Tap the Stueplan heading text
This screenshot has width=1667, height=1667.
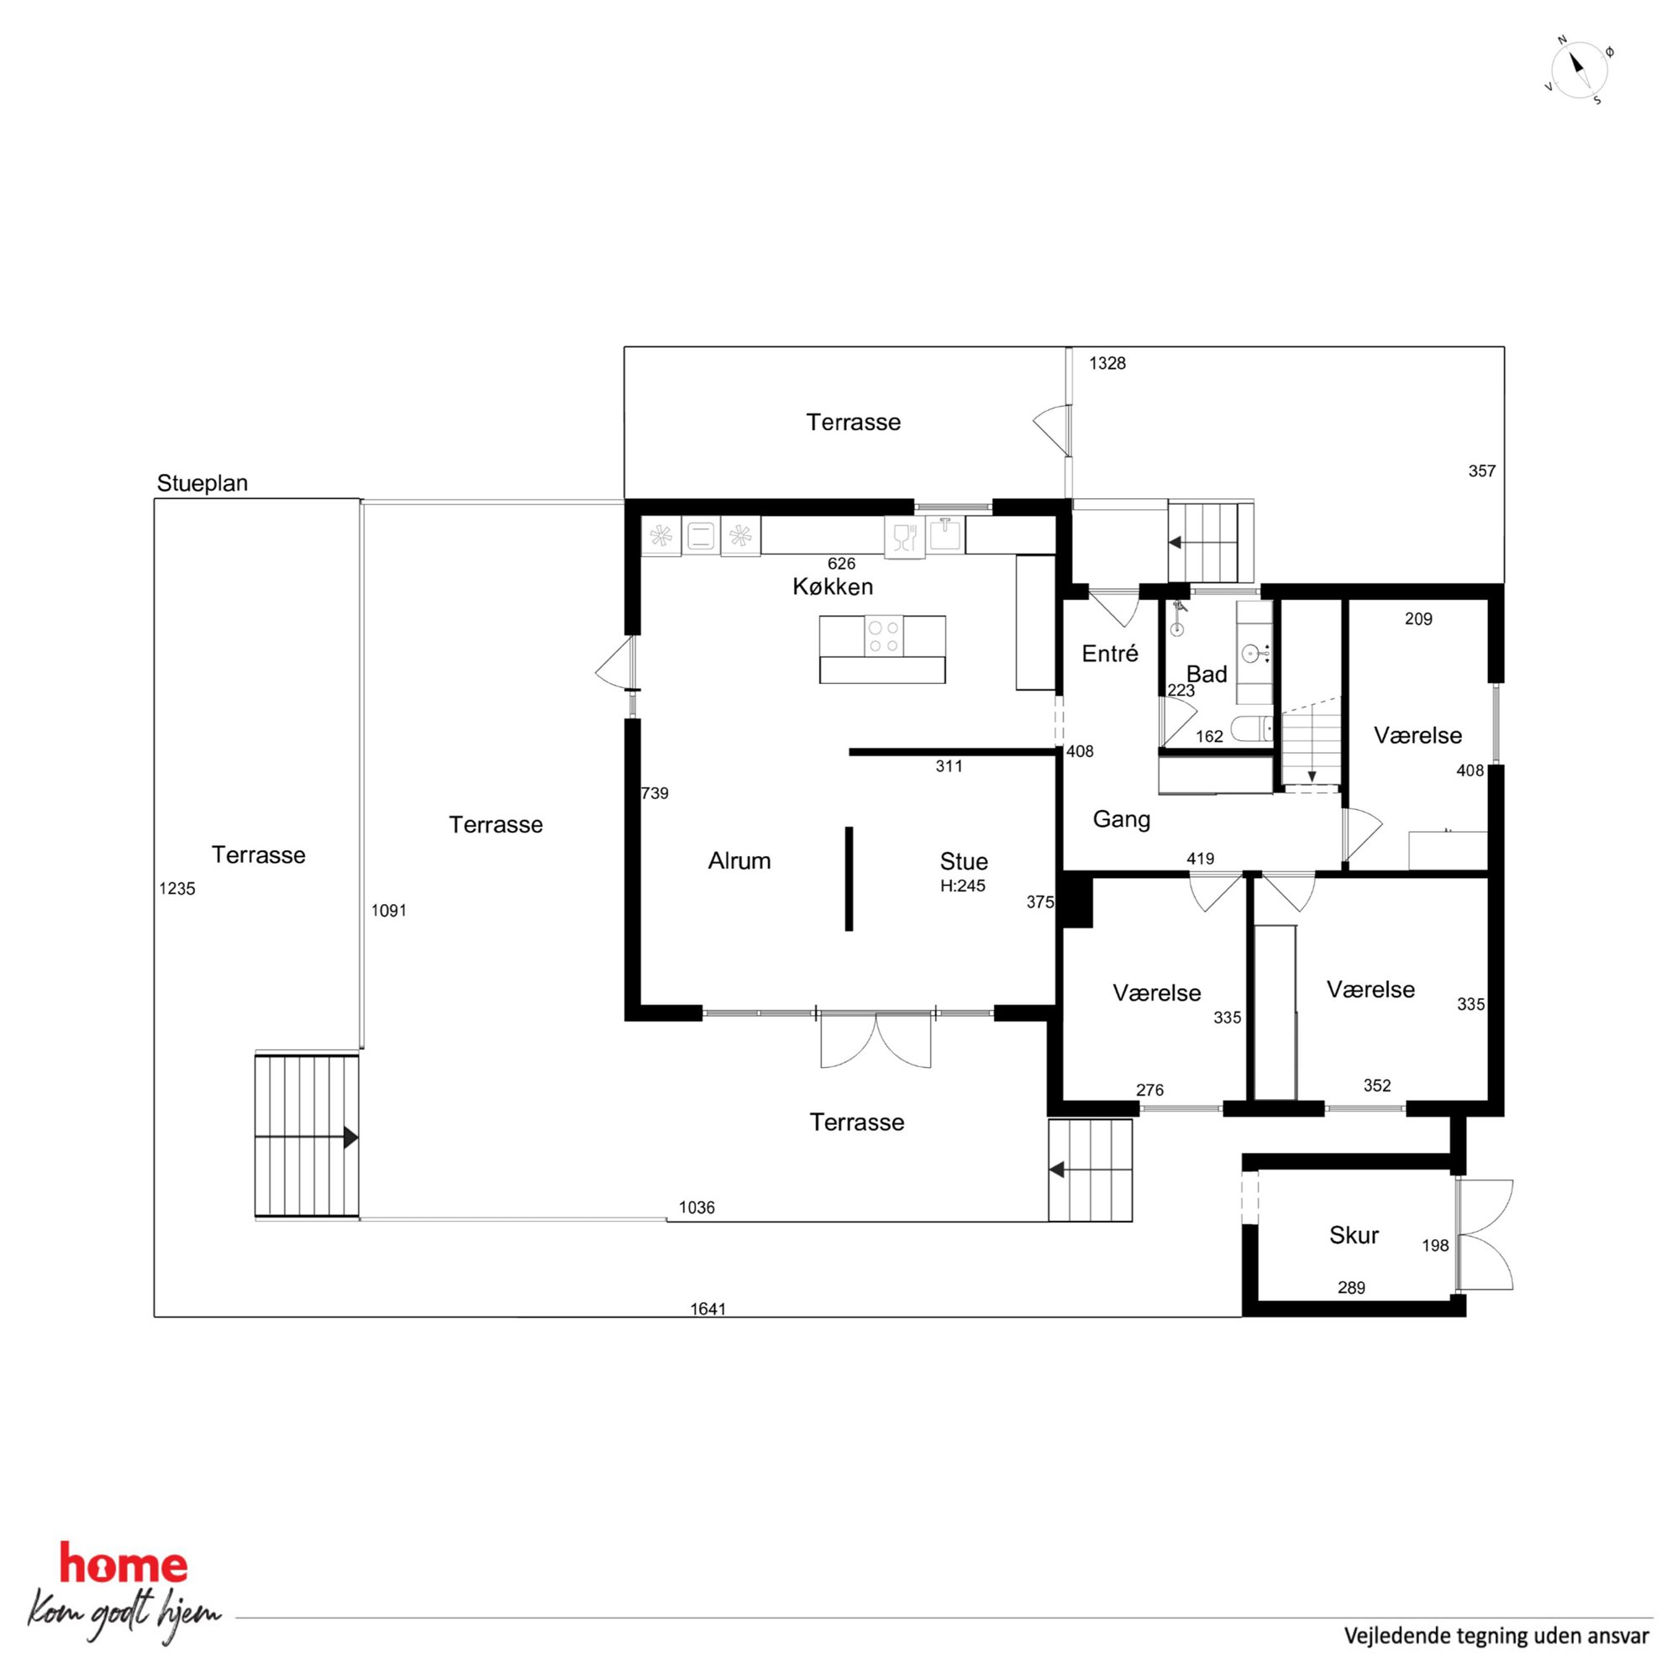click(202, 483)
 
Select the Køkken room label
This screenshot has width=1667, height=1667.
click(833, 586)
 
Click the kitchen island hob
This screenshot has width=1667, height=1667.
click(883, 636)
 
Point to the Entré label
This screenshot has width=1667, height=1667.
click(1110, 653)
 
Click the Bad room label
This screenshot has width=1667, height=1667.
click(1207, 674)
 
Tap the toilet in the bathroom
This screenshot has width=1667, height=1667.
click(1252, 729)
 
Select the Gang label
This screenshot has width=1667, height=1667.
click(1122, 819)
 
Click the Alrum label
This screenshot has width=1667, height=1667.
click(739, 860)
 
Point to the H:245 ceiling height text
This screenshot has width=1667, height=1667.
click(963, 886)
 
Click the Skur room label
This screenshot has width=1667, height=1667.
click(1354, 1235)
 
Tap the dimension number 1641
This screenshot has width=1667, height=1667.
click(708, 1309)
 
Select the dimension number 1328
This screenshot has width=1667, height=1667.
click(1107, 363)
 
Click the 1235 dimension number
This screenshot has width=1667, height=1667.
click(177, 889)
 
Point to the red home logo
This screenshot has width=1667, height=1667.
click(123, 1564)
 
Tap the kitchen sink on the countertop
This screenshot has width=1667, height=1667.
click(947, 534)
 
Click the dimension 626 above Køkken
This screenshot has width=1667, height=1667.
click(841, 564)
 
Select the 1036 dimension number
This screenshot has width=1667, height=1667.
click(697, 1207)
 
